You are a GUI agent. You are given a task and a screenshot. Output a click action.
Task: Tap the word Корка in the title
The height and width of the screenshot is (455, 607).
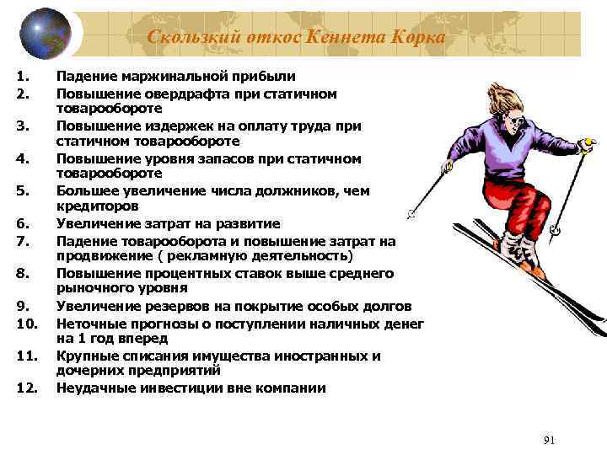coord(415,36)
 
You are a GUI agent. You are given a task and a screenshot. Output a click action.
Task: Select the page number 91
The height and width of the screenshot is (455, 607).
coord(550,440)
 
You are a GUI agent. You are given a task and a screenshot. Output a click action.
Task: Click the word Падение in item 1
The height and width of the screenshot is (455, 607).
coord(88,78)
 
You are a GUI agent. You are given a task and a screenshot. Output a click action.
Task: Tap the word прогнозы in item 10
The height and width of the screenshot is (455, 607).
coord(162,323)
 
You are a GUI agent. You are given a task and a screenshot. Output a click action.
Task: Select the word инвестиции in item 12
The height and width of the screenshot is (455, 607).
coord(180,388)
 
